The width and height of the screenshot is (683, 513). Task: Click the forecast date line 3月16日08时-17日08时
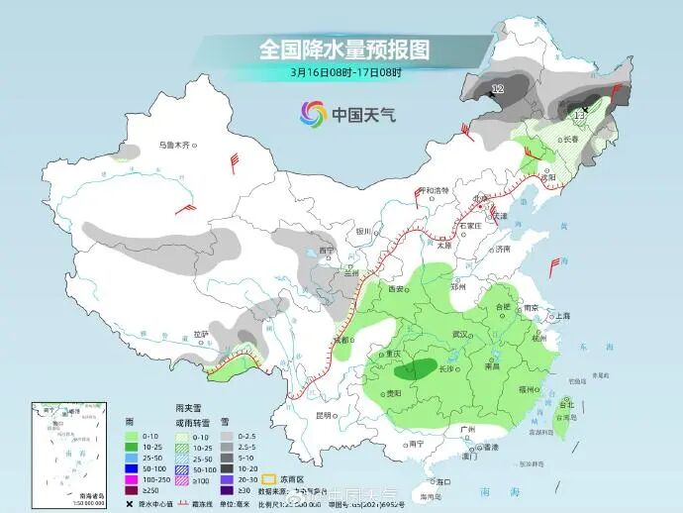[345, 72]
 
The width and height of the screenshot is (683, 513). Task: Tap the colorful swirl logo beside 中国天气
[313, 113]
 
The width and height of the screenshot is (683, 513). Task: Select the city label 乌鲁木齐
[174, 146]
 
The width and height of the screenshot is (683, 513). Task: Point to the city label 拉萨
[202, 334]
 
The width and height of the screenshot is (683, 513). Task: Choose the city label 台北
[566, 404]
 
